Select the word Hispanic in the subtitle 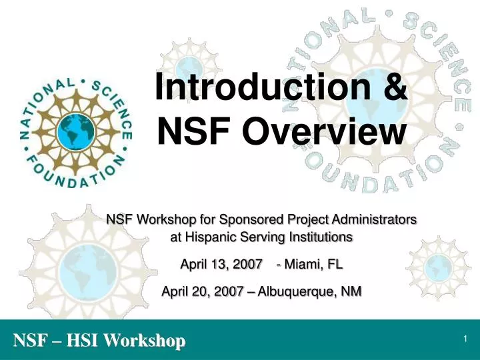203,237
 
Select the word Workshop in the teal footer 147,341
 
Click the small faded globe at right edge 437,266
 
